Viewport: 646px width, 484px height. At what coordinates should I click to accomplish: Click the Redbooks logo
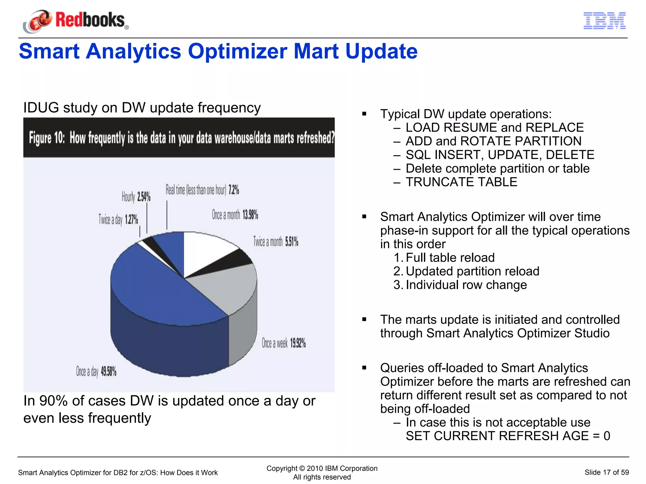point(76,21)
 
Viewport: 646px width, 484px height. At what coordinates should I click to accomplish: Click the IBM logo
point(604,21)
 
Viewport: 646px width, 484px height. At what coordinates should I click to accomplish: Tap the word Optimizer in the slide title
point(237,51)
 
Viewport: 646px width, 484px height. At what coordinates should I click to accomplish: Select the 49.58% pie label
point(109,372)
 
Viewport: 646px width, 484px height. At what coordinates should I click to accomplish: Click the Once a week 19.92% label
point(284,343)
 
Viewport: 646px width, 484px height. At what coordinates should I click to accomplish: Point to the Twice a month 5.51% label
point(276,242)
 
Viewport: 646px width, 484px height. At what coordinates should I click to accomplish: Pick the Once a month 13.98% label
point(235,215)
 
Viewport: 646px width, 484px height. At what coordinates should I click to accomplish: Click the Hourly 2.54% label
point(136,197)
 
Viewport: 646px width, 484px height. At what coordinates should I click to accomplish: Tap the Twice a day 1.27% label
point(118,219)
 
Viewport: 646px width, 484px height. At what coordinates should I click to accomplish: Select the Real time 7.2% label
point(202,190)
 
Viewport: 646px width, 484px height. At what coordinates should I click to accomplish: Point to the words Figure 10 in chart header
point(47,138)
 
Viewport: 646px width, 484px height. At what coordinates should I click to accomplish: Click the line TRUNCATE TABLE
point(461,182)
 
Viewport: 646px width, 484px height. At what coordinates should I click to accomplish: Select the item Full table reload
point(450,258)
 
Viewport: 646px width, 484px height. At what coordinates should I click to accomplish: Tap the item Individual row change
point(466,285)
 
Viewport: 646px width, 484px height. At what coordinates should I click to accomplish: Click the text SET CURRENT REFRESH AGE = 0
point(508,436)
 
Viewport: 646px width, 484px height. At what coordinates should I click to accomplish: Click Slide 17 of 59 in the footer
point(606,472)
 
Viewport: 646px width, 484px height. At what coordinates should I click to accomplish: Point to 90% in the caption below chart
point(53,401)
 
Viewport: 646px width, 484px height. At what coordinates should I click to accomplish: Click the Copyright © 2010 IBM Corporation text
point(322,468)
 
